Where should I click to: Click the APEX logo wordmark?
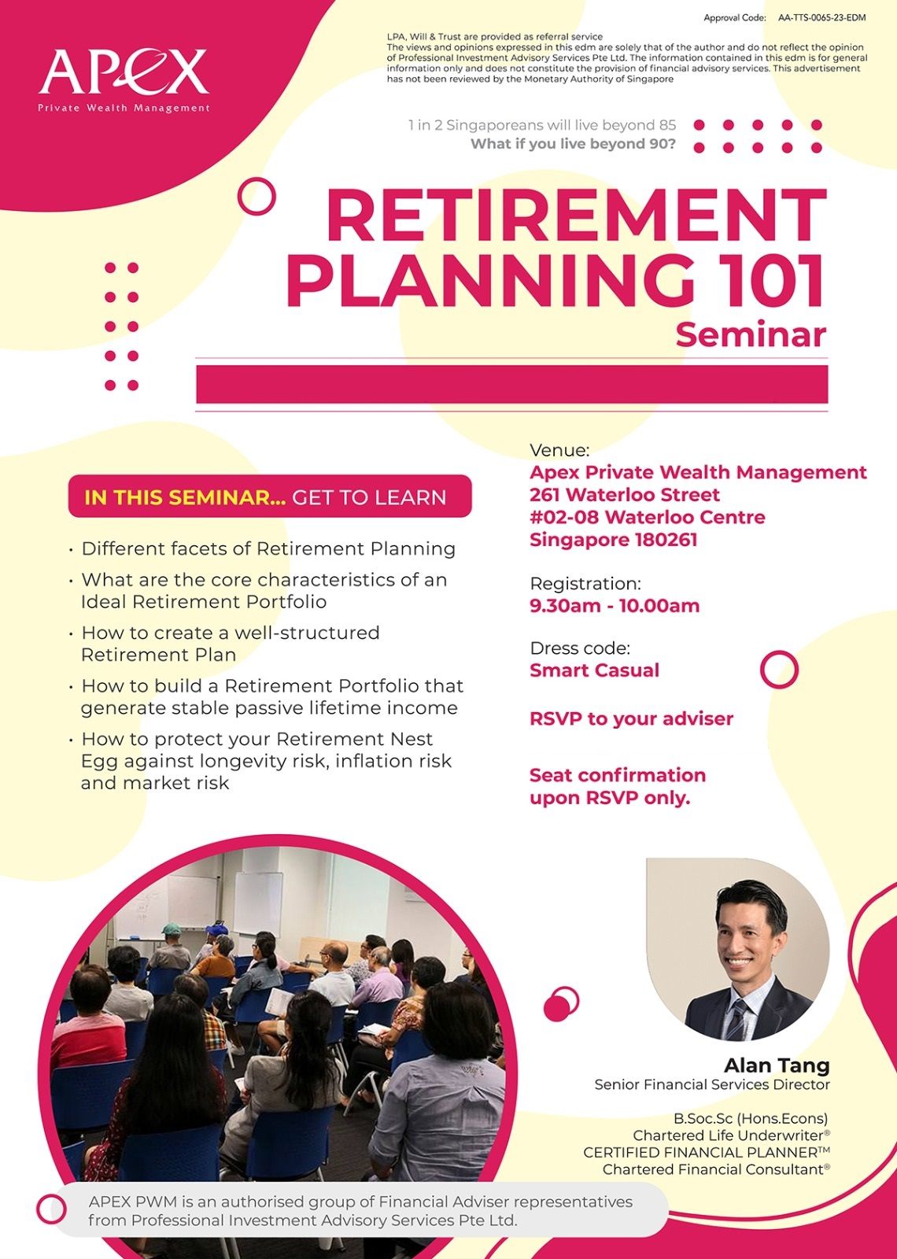click(124, 72)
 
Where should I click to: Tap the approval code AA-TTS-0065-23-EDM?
click(821, 18)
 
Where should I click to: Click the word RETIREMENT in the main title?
click(576, 216)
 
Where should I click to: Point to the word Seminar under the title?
click(751, 334)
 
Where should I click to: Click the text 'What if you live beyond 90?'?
click(573, 144)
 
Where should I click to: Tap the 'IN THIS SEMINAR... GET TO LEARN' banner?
click(270, 497)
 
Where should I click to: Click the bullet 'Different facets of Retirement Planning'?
click(268, 548)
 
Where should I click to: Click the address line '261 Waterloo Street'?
click(625, 495)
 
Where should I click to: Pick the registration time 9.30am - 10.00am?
click(615, 606)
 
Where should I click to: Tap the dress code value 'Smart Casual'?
click(594, 670)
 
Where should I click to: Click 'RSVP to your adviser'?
click(631, 719)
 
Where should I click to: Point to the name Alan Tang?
click(777, 1065)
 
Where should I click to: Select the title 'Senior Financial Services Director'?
click(712, 1084)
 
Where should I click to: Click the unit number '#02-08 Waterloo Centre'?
click(647, 517)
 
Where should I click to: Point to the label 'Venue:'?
click(559, 450)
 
